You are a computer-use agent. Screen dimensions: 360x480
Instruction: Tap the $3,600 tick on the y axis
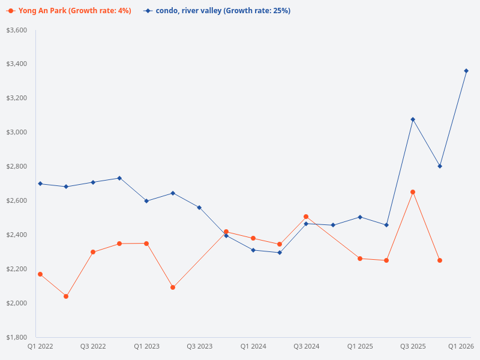16,30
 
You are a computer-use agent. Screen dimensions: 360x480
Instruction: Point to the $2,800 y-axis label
16,166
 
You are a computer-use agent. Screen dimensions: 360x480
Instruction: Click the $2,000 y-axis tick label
16,303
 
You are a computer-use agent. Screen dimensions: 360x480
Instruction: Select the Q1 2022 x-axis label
40,346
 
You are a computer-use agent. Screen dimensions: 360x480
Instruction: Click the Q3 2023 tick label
199,346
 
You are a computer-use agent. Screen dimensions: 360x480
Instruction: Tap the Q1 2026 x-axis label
461,346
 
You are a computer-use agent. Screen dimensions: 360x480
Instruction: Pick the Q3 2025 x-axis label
413,346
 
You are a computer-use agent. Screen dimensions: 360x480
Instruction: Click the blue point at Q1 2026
466,71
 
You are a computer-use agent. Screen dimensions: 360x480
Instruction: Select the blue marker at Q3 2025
413,119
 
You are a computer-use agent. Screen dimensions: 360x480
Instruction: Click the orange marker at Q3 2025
413,192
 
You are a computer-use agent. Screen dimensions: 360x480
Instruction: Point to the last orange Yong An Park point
440,260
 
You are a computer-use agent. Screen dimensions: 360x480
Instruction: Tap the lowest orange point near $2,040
66,296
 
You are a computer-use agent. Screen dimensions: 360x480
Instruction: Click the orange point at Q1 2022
40,274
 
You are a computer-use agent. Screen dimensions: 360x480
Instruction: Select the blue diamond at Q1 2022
40,184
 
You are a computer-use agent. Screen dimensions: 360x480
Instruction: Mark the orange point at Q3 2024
306,217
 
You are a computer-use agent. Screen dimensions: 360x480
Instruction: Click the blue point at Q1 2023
146,201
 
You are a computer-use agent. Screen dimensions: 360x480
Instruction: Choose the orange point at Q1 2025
360,259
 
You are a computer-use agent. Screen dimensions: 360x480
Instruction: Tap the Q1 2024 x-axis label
253,346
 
